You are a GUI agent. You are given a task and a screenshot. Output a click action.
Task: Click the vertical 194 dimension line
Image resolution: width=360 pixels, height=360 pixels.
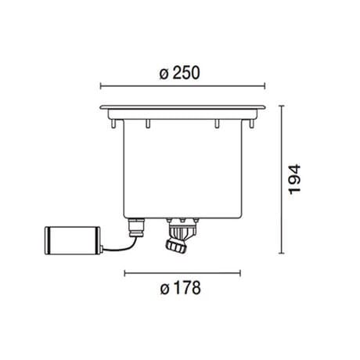(x=281, y=179)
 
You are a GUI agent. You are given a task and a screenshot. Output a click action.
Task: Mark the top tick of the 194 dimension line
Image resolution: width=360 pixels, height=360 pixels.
(x=281, y=103)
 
